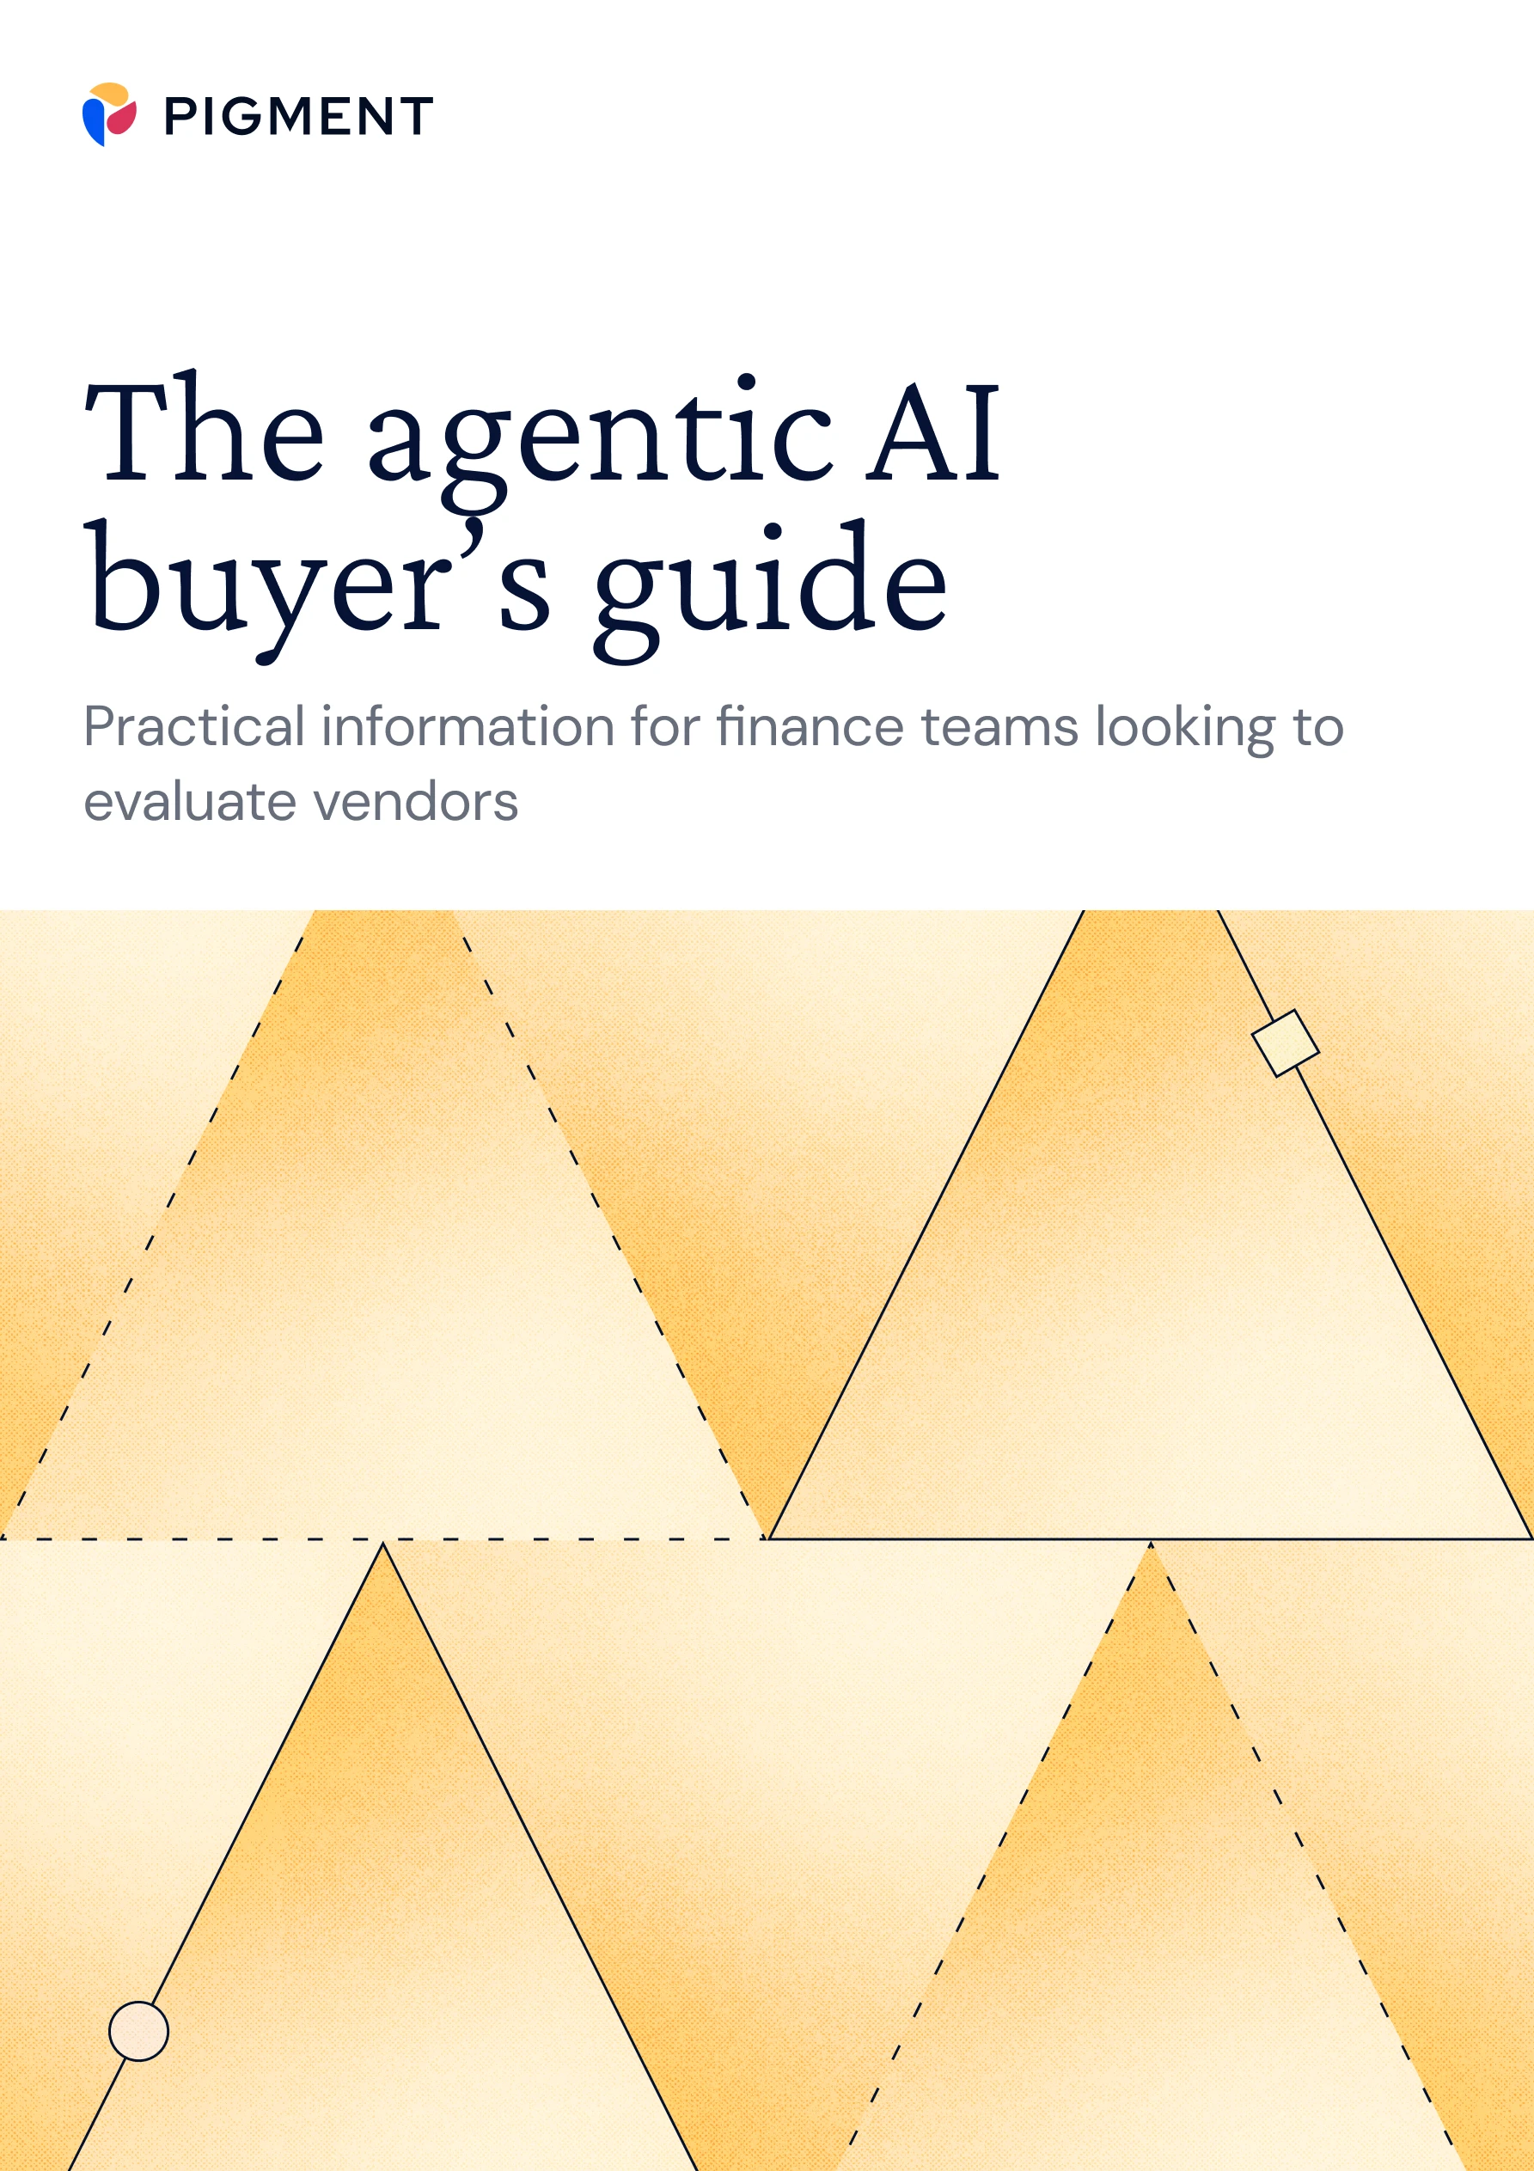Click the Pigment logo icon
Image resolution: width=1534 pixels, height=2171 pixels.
tap(110, 114)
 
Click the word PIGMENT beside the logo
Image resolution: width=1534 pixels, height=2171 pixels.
tap(299, 116)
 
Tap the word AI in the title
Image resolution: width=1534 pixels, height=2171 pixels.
tap(934, 433)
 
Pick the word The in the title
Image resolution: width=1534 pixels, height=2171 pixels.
tap(205, 431)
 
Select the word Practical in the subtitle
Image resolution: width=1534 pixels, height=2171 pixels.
tap(194, 727)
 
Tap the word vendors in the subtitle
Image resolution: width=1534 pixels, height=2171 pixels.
tap(415, 803)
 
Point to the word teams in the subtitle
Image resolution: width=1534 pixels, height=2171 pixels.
tap(999, 727)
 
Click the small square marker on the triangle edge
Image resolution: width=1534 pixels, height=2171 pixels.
tap(1286, 1043)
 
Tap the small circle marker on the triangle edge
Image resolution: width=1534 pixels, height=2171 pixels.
tap(139, 2031)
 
